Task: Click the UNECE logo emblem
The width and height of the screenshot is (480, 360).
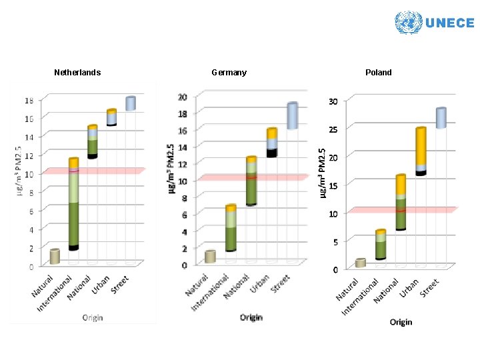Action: point(407,23)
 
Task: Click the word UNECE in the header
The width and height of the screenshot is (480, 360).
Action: point(449,23)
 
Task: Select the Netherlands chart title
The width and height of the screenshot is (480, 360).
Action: point(77,72)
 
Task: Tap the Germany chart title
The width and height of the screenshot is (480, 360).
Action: point(229,72)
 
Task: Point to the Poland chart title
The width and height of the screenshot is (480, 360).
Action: point(379,72)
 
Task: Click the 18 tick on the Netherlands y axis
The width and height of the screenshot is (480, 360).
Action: point(29,101)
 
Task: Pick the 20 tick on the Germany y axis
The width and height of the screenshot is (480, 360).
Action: point(182,97)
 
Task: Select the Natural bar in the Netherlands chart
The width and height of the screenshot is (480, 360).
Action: point(55,257)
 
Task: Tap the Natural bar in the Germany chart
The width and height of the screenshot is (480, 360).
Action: point(210,257)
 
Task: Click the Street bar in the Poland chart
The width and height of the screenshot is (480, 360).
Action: point(441,118)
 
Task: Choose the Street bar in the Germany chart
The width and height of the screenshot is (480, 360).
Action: point(292,116)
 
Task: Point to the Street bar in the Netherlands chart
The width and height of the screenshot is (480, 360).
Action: point(131,103)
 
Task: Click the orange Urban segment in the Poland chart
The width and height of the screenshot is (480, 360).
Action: point(421,147)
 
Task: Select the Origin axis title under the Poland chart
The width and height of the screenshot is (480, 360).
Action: point(401,322)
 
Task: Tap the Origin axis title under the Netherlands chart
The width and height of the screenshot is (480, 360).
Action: point(93,317)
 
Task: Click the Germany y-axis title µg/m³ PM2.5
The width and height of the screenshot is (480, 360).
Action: point(171,167)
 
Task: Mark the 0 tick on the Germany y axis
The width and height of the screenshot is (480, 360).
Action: point(184,265)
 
